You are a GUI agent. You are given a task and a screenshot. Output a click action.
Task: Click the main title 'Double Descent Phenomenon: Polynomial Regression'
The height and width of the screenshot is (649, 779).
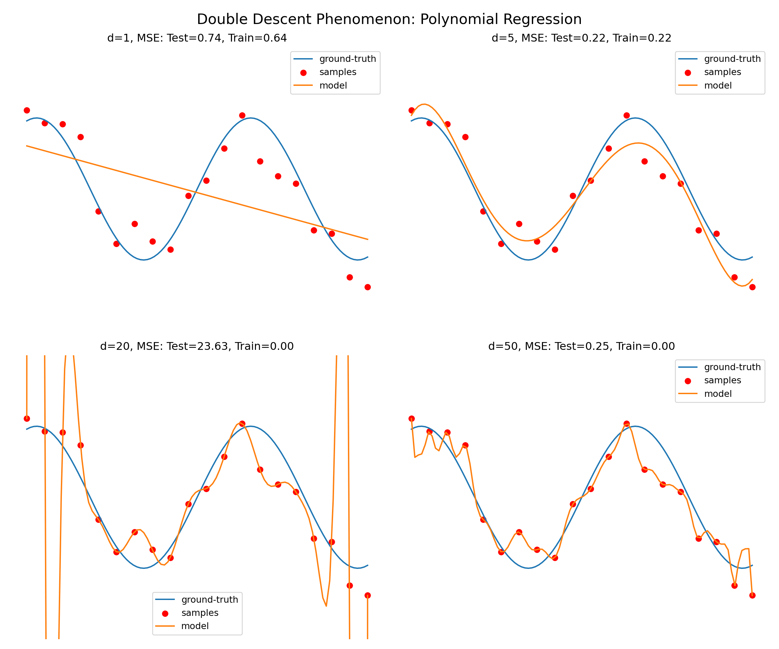(389, 19)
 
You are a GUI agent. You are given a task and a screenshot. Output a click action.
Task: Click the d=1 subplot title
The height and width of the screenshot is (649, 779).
(197, 38)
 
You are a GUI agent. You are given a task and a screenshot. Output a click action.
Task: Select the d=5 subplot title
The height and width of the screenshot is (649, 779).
(581, 38)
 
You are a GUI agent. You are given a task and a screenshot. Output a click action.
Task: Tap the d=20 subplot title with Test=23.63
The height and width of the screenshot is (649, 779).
(197, 346)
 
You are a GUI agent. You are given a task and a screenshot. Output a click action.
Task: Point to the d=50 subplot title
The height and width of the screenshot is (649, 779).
(581, 346)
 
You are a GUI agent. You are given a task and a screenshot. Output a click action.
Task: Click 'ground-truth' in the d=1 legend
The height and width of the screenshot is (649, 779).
(348, 59)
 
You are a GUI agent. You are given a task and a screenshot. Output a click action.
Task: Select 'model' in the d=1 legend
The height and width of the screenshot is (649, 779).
(333, 86)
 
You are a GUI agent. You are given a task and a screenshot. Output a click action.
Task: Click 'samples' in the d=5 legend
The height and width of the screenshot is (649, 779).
(722, 72)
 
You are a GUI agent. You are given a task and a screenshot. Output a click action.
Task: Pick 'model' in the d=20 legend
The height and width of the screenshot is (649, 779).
(195, 626)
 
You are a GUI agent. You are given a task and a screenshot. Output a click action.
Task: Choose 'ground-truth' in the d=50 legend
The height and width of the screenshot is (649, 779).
(732, 367)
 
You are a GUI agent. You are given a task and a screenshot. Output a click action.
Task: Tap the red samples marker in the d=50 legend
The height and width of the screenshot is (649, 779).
(688, 381)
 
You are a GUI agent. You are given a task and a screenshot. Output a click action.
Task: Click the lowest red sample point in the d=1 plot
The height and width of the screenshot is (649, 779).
(368, 287)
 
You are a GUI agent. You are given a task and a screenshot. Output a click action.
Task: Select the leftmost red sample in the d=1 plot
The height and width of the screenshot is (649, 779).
(27, 111)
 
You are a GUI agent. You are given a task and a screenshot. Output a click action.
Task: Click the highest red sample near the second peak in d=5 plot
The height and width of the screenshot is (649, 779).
(627, 115)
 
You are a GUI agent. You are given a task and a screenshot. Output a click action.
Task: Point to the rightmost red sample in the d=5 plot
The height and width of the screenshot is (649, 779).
(752, 287)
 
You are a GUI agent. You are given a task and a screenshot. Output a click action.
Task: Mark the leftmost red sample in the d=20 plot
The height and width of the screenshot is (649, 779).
(27, 419)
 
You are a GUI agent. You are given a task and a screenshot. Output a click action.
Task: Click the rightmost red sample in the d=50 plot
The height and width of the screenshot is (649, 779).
(752, 595)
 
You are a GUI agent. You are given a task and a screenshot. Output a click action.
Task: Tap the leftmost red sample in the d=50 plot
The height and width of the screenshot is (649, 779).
(411, 419)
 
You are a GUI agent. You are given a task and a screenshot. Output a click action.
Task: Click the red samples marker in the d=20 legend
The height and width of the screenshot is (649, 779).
(165, 614)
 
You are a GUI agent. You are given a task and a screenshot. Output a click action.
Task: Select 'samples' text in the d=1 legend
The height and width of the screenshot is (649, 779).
(337, 72)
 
